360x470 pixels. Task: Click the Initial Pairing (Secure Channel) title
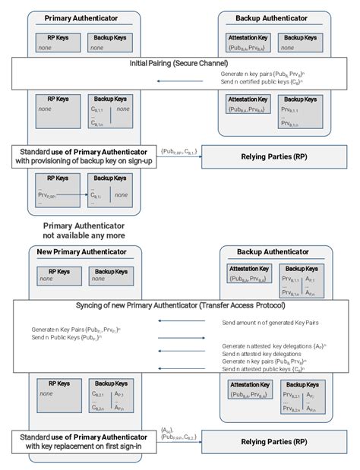click(179, 63)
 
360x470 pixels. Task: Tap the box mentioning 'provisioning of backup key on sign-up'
click(84, 156)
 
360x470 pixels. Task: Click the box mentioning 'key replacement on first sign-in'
click(84, 440)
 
